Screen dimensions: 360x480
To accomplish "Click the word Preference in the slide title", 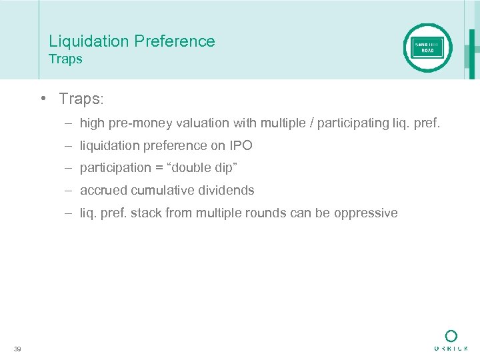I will pyautogui.click(x=175, y=41).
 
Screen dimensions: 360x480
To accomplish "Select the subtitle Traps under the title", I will pyautogui.click(x=65, y=59).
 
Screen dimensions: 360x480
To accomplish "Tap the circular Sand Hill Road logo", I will pyautogui.click(x=427, y=48).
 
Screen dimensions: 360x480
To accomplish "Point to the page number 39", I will pyautogui.click(x=17, y=349).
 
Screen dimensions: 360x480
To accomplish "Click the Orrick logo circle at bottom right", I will pyautogui.click(x=451, y=336).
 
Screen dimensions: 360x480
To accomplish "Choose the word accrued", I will pyautogui.click(x=103, y=190).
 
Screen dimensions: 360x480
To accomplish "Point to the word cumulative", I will pyautogui.click(x=159, y=190).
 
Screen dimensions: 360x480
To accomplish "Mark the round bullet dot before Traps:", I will pyautogui.click(x=42, y=99).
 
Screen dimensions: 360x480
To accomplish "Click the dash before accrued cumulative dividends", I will pyautogui.click(x=69, y=190).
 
